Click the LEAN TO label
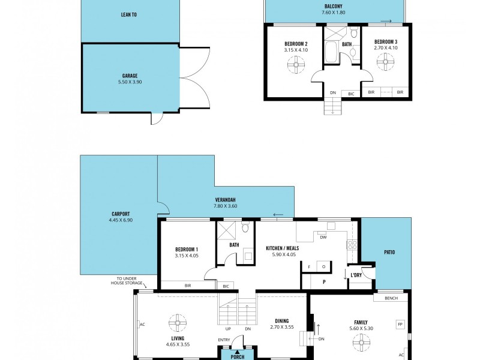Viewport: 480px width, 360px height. tap(129, 14)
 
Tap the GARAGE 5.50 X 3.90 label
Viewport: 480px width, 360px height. tap(130, 79)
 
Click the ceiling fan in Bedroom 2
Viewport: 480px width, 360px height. tap(296, 65)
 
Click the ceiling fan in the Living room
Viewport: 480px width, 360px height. tap(178, 323)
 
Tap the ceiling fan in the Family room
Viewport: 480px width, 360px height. tap(362, 342)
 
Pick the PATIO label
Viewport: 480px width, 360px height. tap(389, 253)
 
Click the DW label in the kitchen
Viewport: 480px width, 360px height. tap(323, 237)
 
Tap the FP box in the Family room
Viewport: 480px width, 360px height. tap(400, 324)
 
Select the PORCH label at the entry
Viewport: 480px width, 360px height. tap(238, 356)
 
